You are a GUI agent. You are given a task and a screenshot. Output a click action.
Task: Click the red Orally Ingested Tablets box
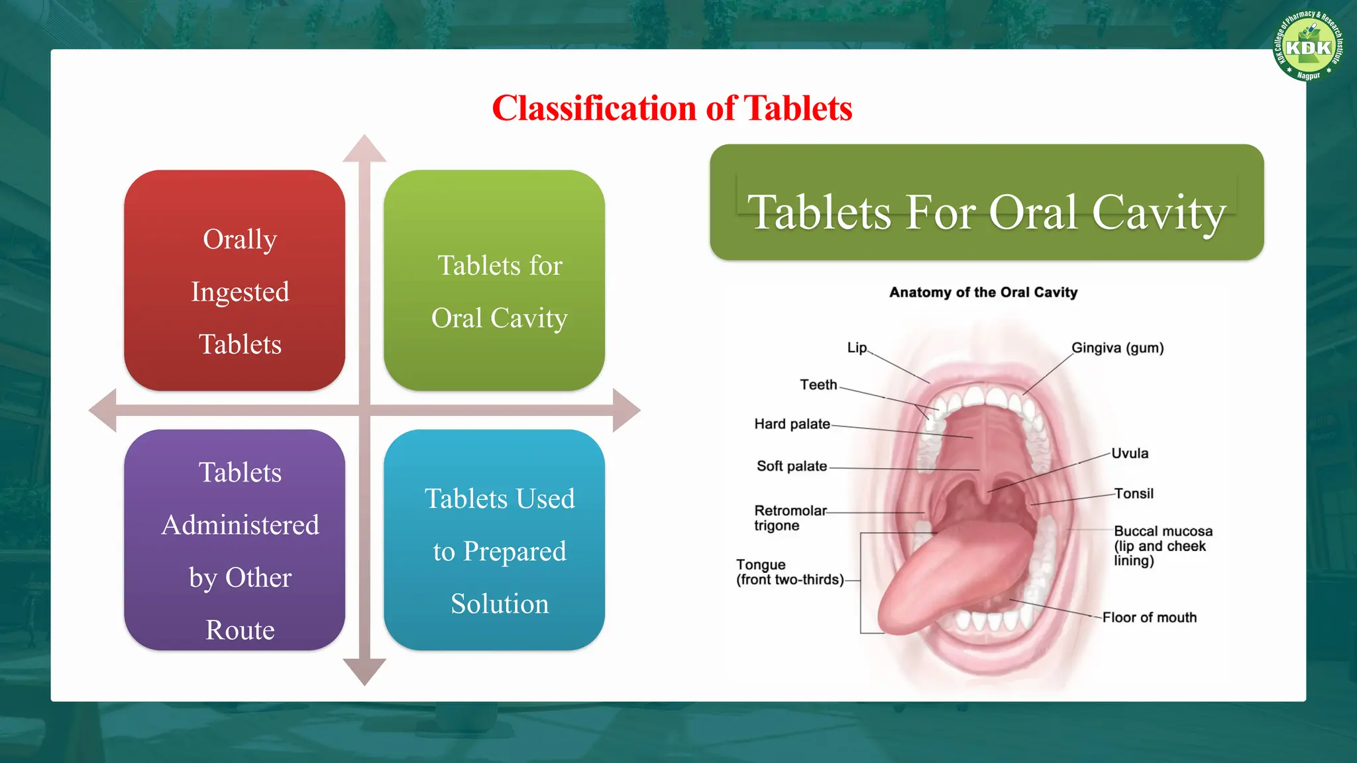(235, 280)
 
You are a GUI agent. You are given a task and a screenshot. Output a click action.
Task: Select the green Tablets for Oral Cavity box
(494, 280)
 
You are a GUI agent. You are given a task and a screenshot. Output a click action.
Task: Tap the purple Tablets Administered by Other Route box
(235, 540)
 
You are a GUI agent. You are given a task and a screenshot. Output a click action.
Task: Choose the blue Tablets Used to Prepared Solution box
(494, 540)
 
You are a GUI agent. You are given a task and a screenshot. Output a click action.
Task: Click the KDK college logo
(1308, 47)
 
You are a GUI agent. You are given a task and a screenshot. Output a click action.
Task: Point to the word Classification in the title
(596, 109)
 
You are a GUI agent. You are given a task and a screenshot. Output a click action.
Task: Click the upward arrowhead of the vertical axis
(364, 149)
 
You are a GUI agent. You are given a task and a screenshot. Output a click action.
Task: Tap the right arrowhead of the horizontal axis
(625, 411)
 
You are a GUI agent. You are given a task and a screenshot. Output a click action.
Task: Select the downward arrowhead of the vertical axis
(364, 671)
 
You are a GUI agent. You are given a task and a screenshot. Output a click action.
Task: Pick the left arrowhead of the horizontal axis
(103, 411)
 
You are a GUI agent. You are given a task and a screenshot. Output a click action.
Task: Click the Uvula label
(1130, 454)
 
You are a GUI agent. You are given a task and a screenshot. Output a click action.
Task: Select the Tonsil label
(1134, 493)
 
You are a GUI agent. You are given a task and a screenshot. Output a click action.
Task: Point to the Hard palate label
(792, 424)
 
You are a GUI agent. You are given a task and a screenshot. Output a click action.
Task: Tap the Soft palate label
(792, 466)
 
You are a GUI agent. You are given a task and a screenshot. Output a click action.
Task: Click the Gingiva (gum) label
(1117, 348)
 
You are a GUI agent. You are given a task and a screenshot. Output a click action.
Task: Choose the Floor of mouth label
(1150, 617)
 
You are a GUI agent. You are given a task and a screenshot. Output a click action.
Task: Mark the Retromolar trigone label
(790, 518)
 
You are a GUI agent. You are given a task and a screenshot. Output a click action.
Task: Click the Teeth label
(818, 385)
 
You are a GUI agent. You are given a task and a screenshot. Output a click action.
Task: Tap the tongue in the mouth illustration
(948, 576)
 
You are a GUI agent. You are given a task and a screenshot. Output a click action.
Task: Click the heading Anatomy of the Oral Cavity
(983, 292)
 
